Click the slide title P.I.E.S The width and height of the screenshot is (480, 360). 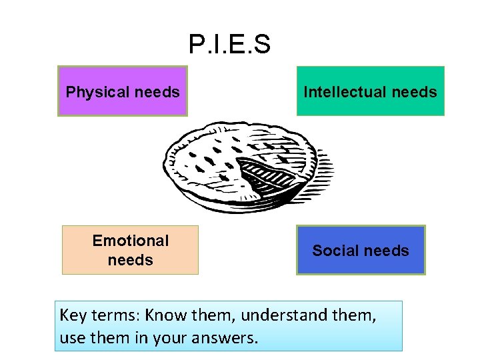click(229, 45)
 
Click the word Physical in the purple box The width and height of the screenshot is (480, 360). click(93, 92)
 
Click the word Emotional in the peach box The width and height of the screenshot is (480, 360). click(131, 241)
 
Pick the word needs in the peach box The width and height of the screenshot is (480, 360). click(131, 260)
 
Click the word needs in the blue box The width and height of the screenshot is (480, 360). click(387, 251)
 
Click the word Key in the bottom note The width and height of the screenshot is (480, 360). click(73, 315)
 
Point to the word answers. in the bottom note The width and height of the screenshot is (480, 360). click(227, 338)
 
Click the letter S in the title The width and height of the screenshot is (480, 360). click(262, 45)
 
